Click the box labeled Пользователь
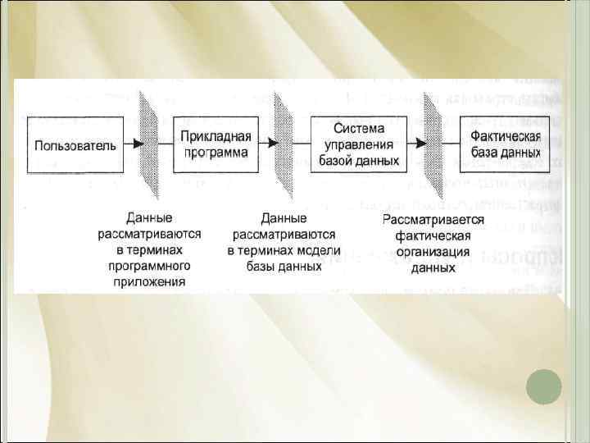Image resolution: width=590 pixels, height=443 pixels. coord(75,144)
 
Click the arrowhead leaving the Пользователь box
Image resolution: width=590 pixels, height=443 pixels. coord(138,144)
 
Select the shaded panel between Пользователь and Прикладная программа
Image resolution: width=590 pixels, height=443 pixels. coord(151,144)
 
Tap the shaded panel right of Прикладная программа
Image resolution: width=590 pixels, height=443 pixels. coord(287,144)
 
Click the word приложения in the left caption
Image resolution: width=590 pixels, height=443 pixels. coord(149,281)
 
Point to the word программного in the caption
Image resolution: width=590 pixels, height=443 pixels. coord(149,266)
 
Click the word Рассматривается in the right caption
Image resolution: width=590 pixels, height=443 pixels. coord(433,220)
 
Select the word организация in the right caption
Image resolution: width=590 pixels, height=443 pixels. coord(433,251)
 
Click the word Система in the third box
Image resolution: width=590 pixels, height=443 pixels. coord(358,130)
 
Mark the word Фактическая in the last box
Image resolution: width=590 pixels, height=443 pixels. coord(505,138)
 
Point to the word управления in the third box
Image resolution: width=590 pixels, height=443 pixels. coord(358,144)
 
